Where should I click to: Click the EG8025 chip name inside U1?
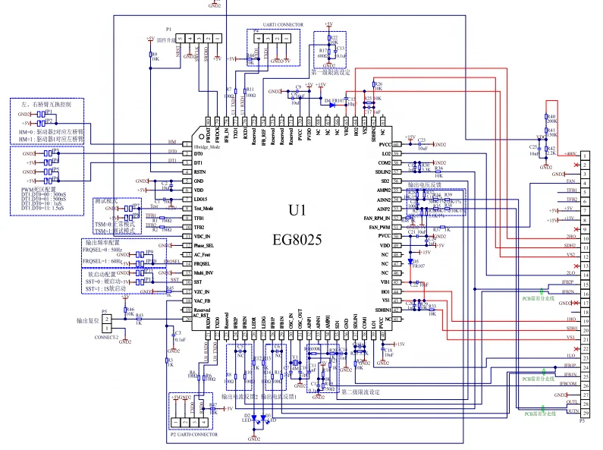click(297, 239)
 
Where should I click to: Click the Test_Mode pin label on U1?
click(204, 208)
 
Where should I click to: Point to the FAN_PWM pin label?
click(379, 227)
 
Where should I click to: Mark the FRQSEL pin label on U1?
click(202, 263)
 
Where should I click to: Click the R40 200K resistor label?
click(551, 118)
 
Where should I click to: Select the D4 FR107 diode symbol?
click(332, 105)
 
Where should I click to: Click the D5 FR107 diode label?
click(418, 264)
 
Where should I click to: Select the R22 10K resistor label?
click(334, 39)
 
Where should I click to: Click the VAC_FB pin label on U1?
click(203, 301)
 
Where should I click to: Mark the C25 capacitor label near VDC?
click(533, 146)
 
